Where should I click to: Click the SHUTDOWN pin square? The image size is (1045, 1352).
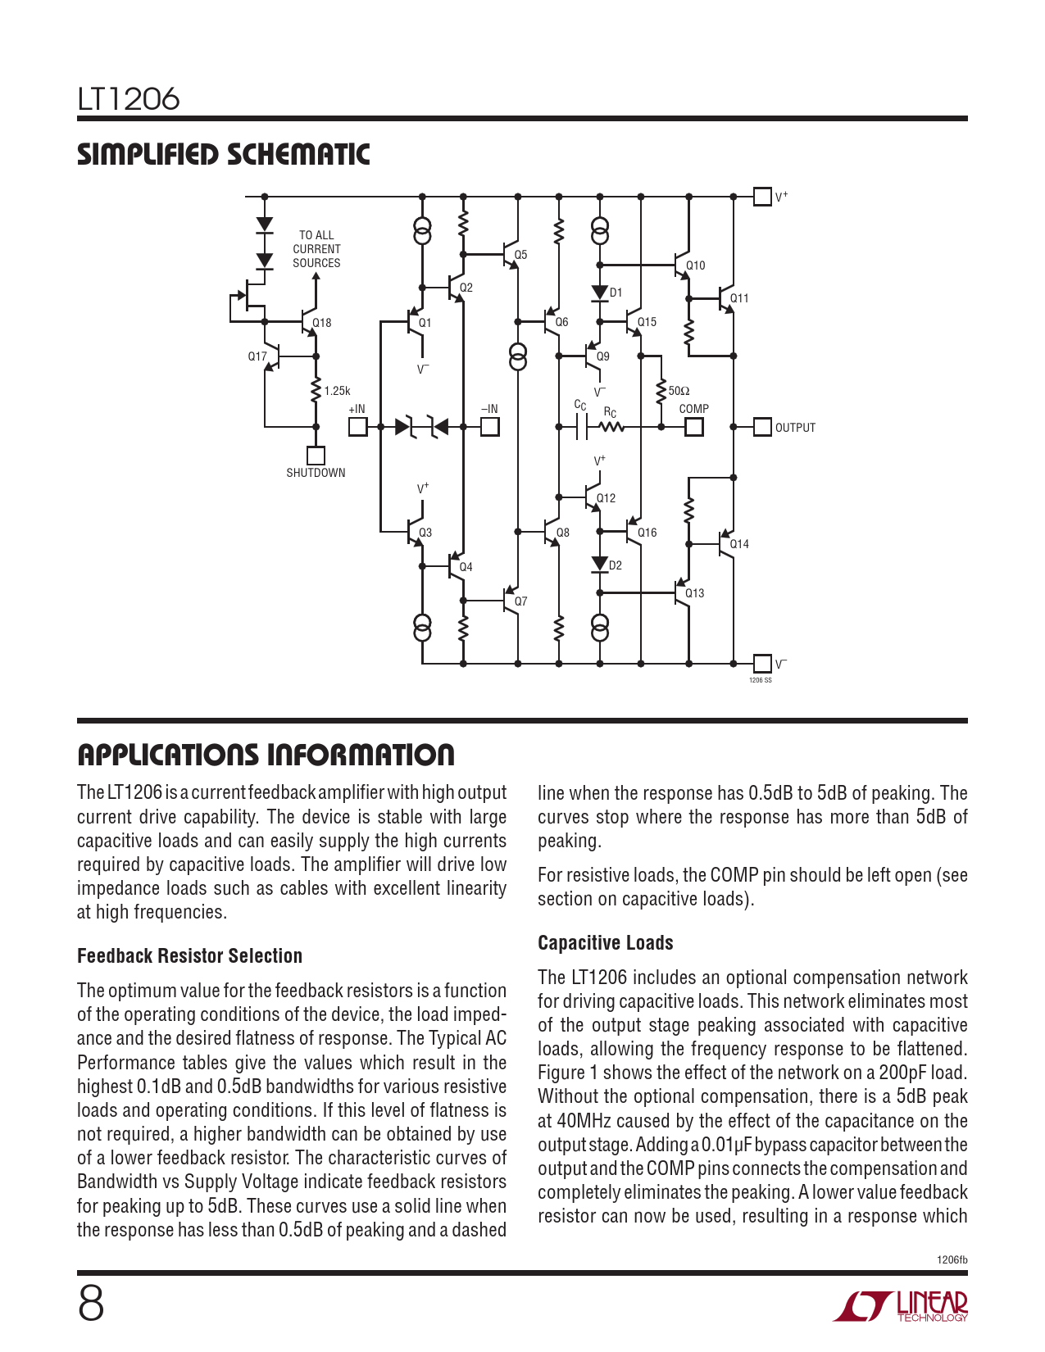[316, 456]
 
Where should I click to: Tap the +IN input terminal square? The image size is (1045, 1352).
[358, 427]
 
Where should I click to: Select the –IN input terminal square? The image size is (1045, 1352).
[489, 427]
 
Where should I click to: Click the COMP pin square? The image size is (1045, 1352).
[694, 427]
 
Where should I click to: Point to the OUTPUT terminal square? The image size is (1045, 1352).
[762, 427]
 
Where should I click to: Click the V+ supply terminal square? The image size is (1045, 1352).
[762, 197]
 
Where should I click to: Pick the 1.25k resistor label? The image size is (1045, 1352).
[337, 391]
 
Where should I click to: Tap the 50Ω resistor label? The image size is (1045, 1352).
[679, 391]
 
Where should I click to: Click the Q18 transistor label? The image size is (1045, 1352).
[322, 323]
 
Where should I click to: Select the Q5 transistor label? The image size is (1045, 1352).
[521, 255]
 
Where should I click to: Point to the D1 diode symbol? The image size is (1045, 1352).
[600, 293]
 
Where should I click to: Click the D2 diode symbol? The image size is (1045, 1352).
[600, 565]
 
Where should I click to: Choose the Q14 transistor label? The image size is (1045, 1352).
[739, 544]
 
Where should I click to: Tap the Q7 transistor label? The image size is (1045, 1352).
[521, 601]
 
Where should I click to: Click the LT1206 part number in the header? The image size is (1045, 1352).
[129, 99]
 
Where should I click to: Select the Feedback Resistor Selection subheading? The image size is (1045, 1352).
[189, 956]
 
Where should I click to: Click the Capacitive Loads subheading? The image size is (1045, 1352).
[605, 943]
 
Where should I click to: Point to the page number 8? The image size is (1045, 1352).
[91, 1304]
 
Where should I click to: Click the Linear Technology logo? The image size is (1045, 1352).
[901, 1306]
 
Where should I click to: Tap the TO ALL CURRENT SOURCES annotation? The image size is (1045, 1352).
[316, 249]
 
